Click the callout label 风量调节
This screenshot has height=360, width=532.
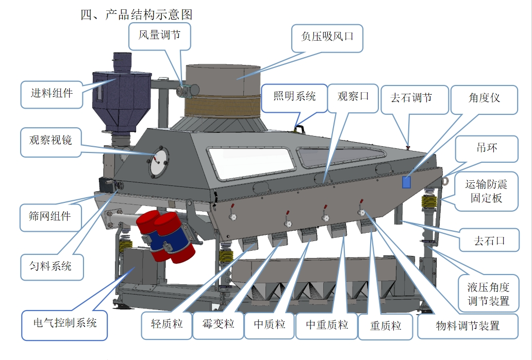pos(159,35)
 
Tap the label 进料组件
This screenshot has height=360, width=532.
pos(52,93)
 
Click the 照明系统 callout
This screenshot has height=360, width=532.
pos(294,97)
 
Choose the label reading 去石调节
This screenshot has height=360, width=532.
pos(411,98)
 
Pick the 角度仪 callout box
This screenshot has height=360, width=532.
pos(484,98)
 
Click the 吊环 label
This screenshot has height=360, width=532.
pos(487,148)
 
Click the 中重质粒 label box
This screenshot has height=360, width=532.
pos(327,325)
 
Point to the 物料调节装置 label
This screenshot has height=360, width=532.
pos(468,325)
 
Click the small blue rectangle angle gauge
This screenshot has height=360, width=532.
pos(407,182)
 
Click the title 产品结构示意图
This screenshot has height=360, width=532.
pos(136,14)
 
